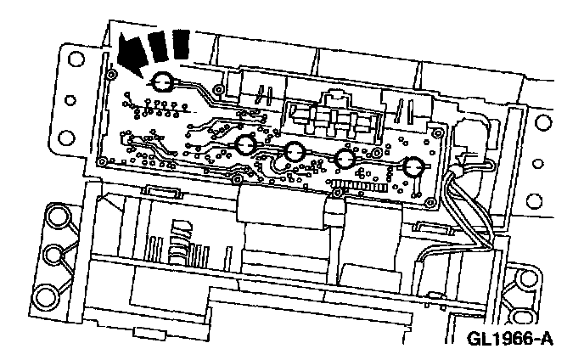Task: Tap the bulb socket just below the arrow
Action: tap(162, 82)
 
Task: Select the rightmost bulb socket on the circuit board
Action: tap(413, 167)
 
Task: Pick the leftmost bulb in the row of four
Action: tap(247, 145)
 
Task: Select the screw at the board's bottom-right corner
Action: tap(431, 202)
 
